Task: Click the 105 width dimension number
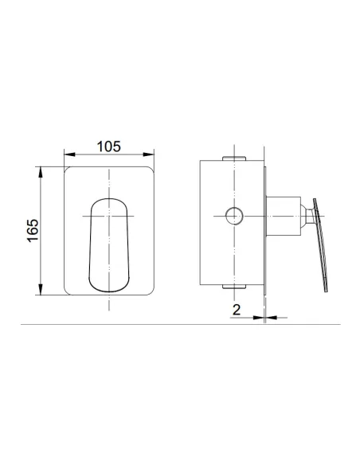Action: point(108,146)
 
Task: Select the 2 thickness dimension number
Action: point(237,310)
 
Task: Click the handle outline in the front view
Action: point(108,239)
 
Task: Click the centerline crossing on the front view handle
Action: point(108,216)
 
